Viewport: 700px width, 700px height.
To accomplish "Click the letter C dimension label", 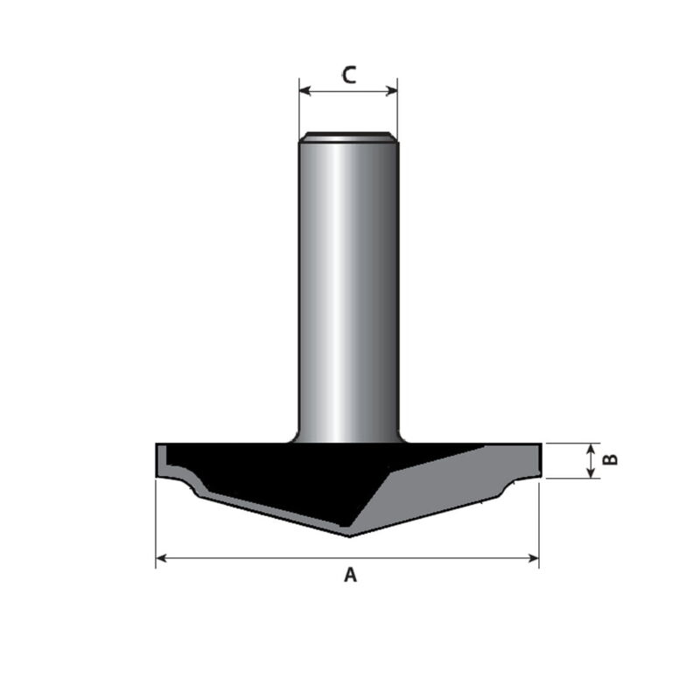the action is click(349, 75).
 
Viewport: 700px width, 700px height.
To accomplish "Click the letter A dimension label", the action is click(351, 575).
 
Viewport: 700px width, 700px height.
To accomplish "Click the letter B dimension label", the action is click(610, 459).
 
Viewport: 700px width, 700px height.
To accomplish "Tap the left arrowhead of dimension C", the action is click(304, 92).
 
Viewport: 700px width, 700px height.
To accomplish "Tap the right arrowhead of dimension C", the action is click(392, 92).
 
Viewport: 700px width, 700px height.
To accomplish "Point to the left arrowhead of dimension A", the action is click(161, 558).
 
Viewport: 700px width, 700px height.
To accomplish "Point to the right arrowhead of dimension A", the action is click(534, 558).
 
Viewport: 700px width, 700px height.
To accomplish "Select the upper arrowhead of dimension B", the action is click(591, 449).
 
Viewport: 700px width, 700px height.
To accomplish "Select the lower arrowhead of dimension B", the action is click(591, 472).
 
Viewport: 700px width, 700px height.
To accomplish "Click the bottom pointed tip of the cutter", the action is click(349, 536).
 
